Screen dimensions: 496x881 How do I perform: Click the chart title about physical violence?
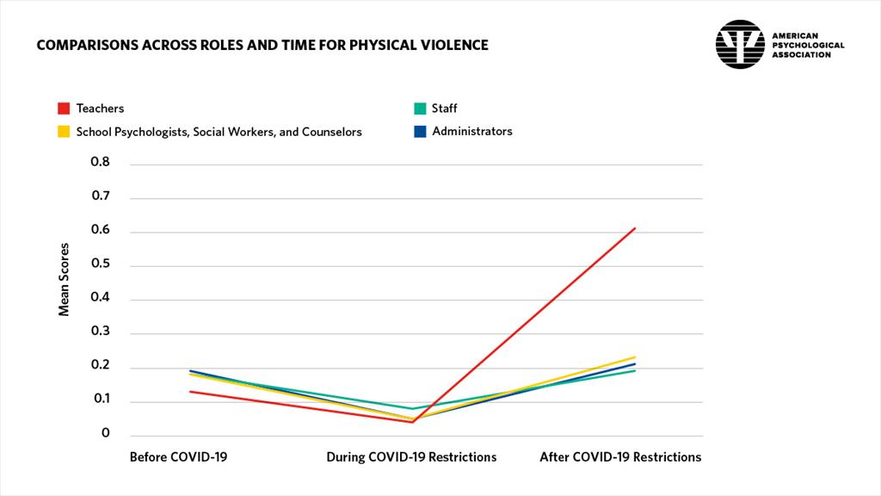point(262,45)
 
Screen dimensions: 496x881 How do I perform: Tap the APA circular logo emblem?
point(740,45)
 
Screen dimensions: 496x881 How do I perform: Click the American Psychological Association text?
point(808,45)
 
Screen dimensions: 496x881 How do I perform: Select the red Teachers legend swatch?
point(63,108)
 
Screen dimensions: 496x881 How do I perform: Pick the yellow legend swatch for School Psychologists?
point(63,132)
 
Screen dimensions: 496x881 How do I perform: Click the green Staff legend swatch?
point(419,108)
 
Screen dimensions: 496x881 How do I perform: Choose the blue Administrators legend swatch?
point(419,132)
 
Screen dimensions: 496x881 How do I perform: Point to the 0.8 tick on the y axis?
point(101,162)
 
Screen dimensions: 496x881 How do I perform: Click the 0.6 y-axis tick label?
point(101,230)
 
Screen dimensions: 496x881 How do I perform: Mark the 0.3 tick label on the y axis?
point(101,332)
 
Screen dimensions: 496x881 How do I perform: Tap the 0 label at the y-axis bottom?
point(106,433)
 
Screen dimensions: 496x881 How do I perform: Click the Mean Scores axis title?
point(65,284)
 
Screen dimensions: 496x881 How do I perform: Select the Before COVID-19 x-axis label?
point(178,456)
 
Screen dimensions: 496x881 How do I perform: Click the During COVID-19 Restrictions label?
point(411,456)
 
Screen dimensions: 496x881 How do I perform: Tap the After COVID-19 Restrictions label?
point(619,456)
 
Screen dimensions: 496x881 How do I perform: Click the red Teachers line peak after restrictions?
point(635,228)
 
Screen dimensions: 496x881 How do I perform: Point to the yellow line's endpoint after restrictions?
point(635,356)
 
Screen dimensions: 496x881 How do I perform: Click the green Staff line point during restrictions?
point(413,408)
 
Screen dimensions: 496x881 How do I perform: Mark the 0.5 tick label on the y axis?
point(101,264)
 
